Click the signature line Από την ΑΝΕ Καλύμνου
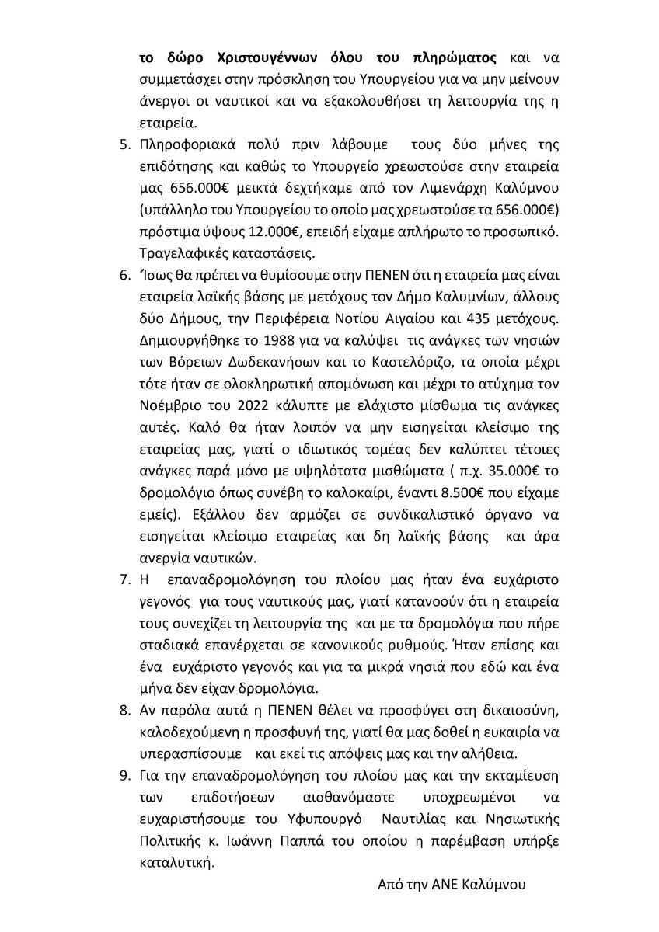(452, 885)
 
